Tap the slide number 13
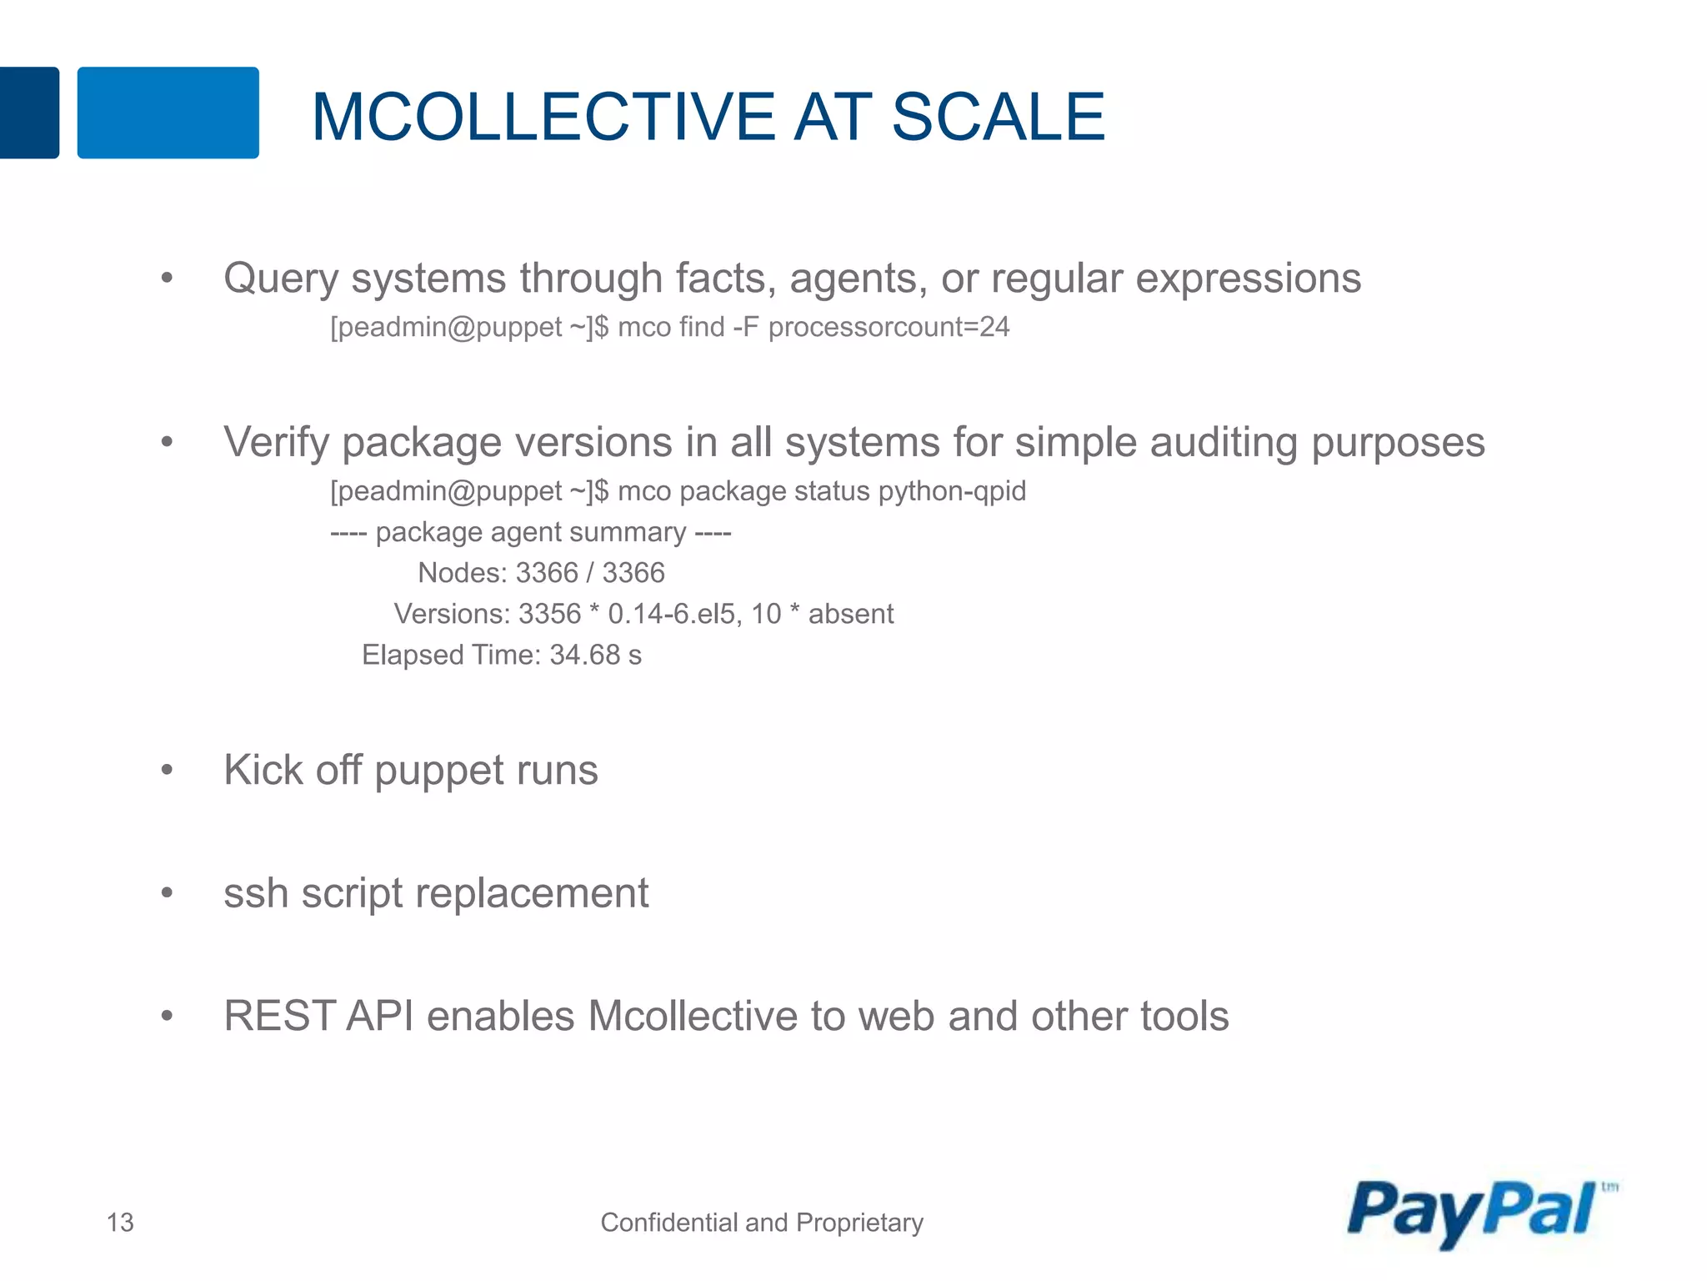point(120,1223)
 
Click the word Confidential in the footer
point(669,1223)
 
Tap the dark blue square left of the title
point(28,113)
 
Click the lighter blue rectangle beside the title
point(168,113)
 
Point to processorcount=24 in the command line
point(889,327)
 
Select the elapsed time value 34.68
point(584,656)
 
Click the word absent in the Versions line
point(850,615)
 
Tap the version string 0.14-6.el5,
point(674,615)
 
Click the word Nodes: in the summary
point(463,574)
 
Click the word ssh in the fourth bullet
point(256,894)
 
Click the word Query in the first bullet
point(280,279)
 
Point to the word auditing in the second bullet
point(1224,443)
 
